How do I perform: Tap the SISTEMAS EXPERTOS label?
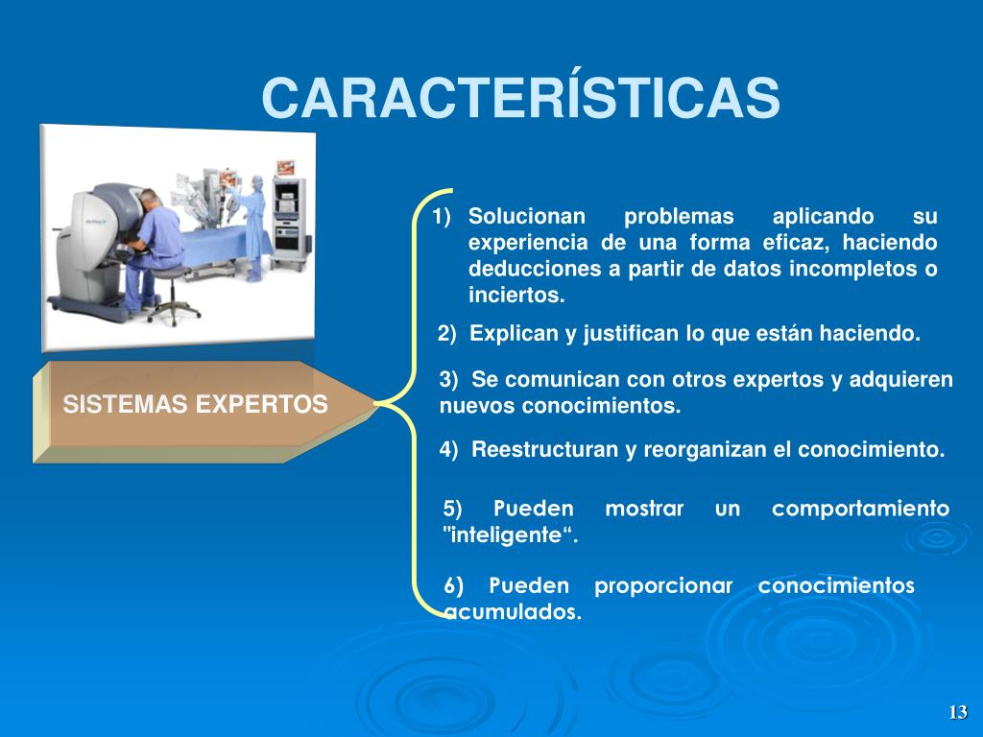[195, 404]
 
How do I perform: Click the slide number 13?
[957, 712]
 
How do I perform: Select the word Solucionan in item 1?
[527, 216]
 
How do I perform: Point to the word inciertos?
[516, 295]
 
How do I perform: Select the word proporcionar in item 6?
[663, 586]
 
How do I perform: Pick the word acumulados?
[513, 611]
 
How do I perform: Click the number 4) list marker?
[449, 449]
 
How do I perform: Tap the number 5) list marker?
[453, 509]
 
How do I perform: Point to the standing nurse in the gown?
[252, 227]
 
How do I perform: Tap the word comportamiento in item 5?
[861, 509]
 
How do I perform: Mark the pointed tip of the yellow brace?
[375, 404]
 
